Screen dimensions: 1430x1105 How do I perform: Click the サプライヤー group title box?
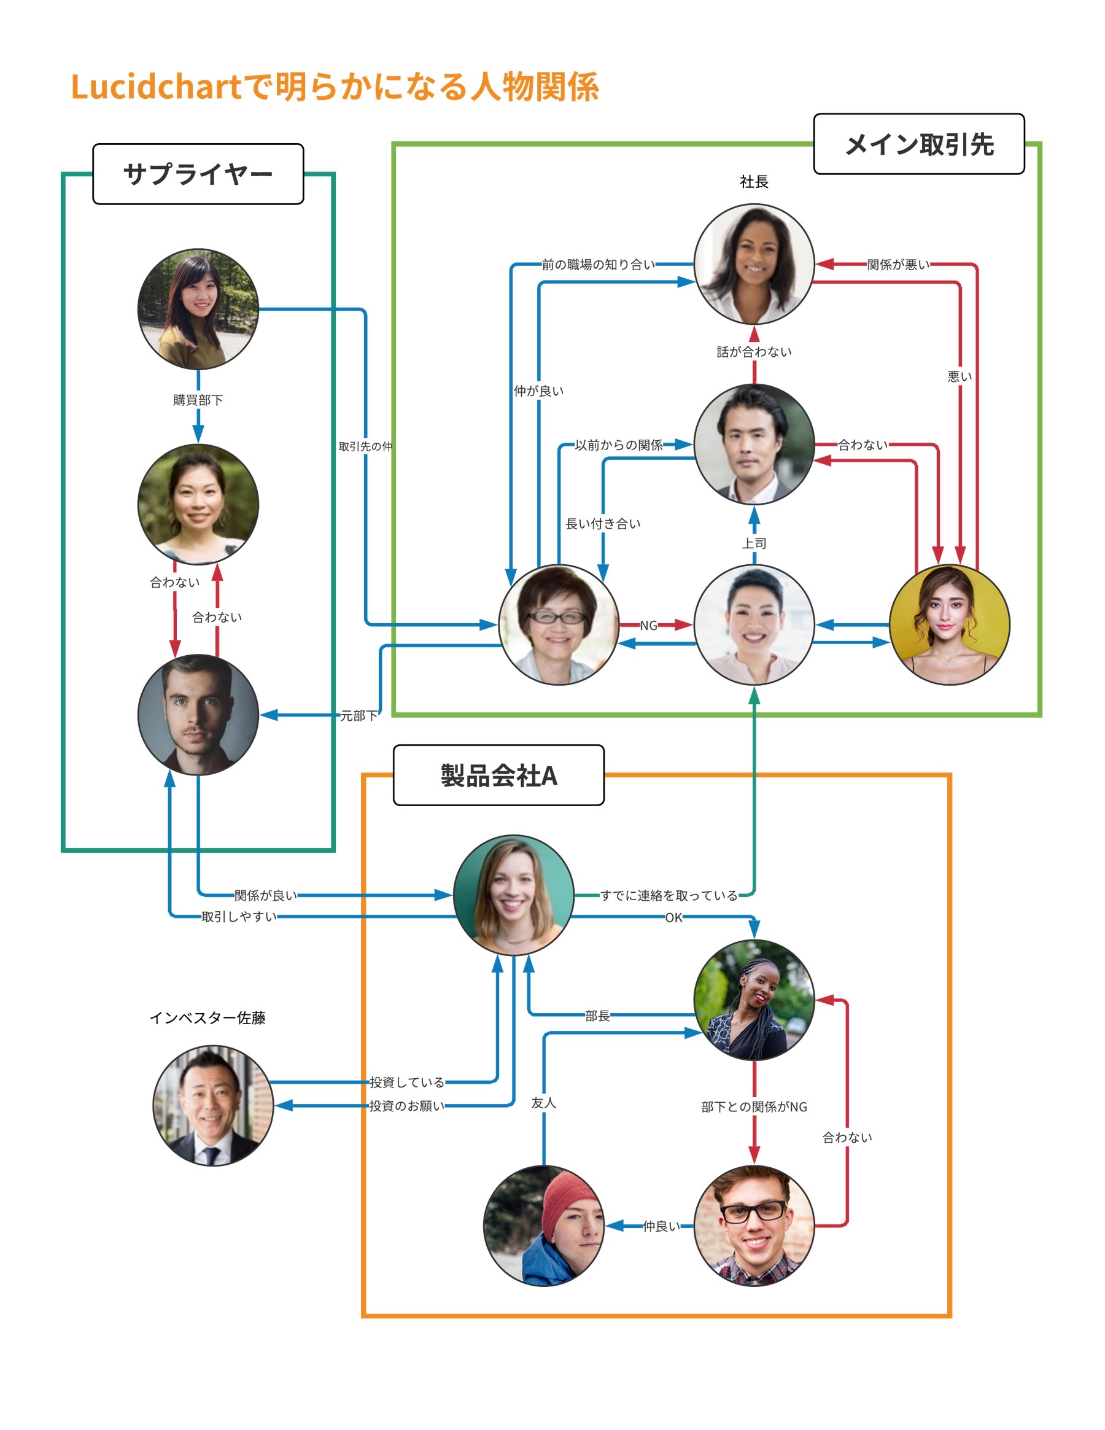(198, 174)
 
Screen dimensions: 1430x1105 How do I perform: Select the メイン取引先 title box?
(918, 144)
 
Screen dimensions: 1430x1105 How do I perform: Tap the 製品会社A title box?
(498, 775)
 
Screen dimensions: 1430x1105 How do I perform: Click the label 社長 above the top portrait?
(754, 181)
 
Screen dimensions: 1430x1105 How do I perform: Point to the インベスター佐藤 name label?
(207, 1017)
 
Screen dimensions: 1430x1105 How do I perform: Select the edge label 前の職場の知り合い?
(598, 265)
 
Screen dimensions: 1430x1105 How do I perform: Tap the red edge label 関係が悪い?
(898, 265)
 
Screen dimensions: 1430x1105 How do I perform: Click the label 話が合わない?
(754, 352)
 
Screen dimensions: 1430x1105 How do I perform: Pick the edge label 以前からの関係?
(619, 445)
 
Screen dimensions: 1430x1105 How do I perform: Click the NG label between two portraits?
(648, 625)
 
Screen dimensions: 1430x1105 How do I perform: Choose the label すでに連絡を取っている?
(669, 895)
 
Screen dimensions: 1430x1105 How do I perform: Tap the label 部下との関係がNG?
(754, 1106)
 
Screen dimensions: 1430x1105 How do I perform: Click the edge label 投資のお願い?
(406, 1106)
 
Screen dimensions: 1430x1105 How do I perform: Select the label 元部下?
(359, 716)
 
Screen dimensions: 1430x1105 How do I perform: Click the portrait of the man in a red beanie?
(543, 1226)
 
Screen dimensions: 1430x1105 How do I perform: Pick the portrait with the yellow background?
(949, 625)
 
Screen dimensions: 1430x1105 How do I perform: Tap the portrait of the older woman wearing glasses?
(559, 625)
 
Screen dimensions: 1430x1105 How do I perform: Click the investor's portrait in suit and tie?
(213, 1105)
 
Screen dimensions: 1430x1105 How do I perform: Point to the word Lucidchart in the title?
(156, 87)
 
